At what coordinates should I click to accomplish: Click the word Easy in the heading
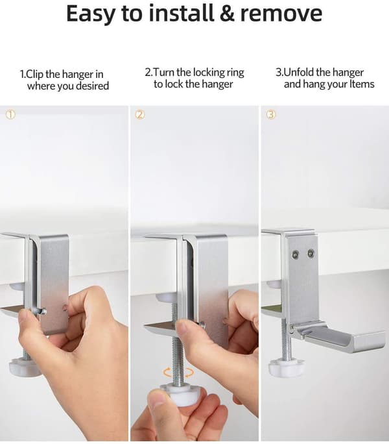point(90,14)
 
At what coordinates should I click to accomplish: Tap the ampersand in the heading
point(227,14)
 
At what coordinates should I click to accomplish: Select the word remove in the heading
point(281,14)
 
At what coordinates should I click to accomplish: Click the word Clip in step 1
point(34,74)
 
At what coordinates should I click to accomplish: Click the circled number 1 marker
point(10,114)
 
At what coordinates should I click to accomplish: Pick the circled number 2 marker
point(140,114)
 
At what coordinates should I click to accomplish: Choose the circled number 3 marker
point(271,114)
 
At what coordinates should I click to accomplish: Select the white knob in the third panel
point(286,369)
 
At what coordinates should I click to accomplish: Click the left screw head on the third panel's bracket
point(296,254)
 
